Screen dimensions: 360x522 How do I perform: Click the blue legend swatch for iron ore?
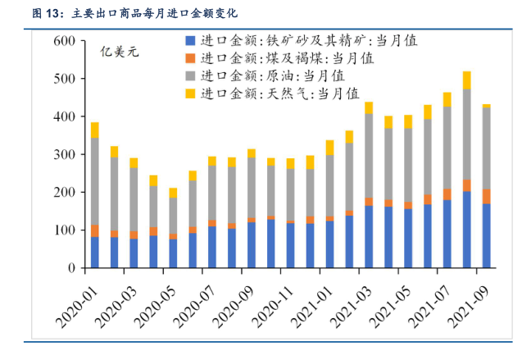[x=190, y=40]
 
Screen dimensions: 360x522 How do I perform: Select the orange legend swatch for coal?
[x=190, y=58]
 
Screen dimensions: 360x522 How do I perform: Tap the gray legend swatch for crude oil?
[x=190, y=76]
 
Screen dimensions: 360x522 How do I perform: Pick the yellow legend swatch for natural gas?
[x=190, y=94]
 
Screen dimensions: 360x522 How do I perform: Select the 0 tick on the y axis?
[x=72, y=268]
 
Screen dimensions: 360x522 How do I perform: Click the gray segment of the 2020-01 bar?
[x=95, y=181]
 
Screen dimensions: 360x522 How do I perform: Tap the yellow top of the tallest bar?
[x=467, y=80]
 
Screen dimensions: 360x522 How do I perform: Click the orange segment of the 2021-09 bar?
[x=486, y=196]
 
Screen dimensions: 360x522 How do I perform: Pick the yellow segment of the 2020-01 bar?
[x=95, y=130]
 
